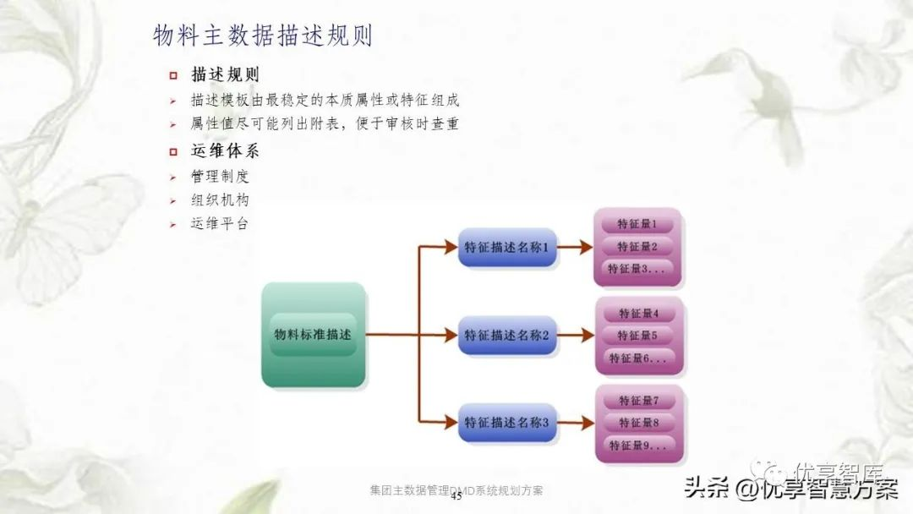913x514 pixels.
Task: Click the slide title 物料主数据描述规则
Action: tap(263, 36)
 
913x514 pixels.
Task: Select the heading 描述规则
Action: tap(225, 75)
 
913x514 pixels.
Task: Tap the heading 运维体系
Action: tap(225, 152)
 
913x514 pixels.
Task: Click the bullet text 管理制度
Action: tap(220, 178)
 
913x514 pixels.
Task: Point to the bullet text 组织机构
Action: tap(220, 201)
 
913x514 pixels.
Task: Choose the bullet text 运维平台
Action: tap(220, 224)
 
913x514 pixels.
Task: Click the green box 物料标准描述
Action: tap(313, 335)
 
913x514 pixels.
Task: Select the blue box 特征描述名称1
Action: tap(507, 248)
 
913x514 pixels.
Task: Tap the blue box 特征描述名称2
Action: tap(507, 336)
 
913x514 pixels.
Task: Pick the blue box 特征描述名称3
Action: tap(507, 422)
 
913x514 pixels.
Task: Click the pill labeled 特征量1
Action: tap(638, 225)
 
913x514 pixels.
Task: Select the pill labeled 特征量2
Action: tap(638, 247)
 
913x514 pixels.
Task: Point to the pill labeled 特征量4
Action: tap(639, 314)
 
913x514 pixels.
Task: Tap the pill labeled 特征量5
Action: tap(639, 336)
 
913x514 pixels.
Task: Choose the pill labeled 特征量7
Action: tap(639, 401)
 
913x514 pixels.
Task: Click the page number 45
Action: tap(456, 498)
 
